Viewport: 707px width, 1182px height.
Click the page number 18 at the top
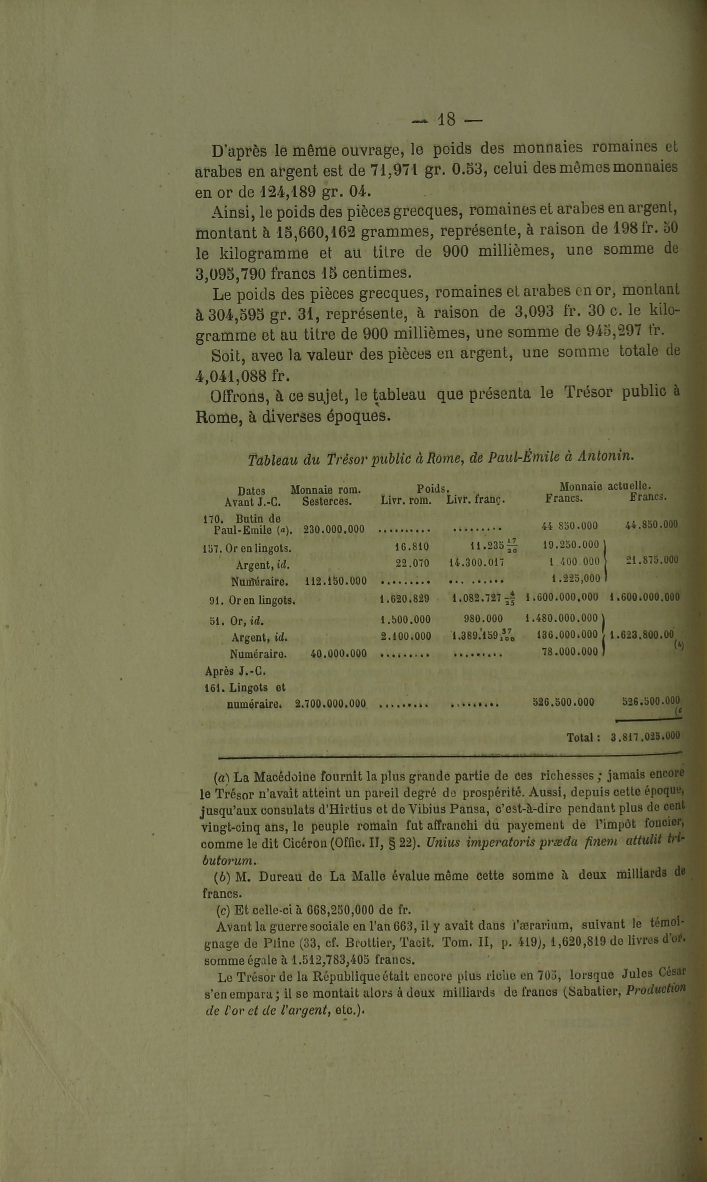point(447,119)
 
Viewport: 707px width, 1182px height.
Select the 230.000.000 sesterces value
point(333,529)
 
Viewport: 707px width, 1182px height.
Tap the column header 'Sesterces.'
point(327,501)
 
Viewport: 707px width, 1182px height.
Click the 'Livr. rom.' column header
point(406,501)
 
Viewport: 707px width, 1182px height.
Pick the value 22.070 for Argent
point(412,563)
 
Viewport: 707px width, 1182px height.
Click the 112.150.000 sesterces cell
point(335,581)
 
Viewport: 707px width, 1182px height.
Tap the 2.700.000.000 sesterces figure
point(330,703)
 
